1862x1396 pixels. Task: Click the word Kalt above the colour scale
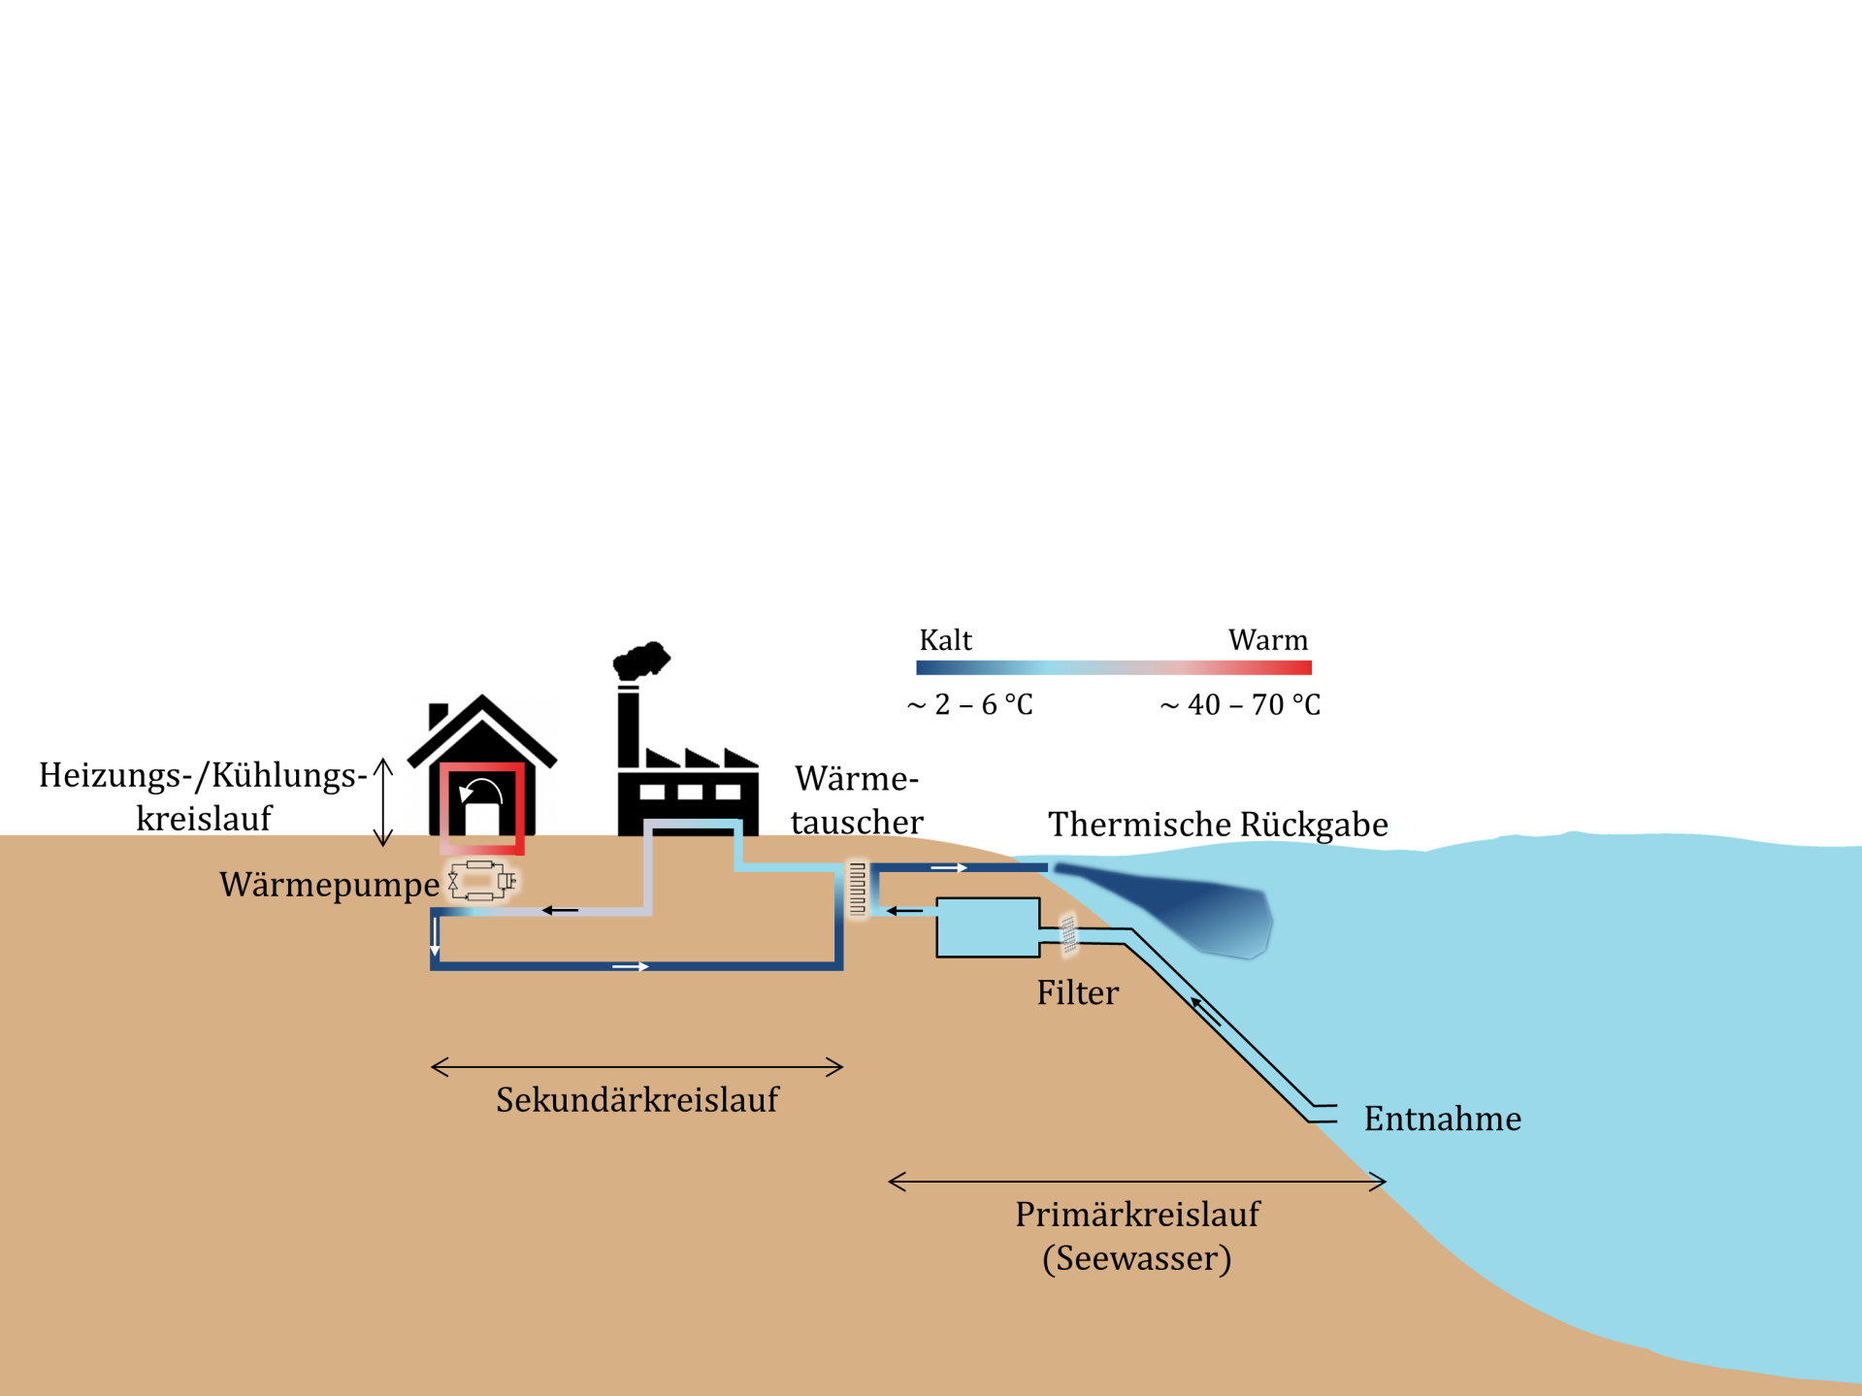tap(945, 640)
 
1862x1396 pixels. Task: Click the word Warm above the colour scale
tap(1267, 640)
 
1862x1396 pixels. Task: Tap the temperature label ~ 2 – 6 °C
tap(969, 704)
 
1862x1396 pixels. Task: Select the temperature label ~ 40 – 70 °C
tap(1240, 704)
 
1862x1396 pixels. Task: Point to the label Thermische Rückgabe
tap(1218, 825)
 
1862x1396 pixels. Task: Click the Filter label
tap(1077, 992)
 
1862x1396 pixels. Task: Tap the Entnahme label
tap(1442, 1119)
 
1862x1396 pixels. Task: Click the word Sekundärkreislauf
tap(637, 1100)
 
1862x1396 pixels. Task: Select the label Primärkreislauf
tap(1137, 1215)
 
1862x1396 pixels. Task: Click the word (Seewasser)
tap(1137, 1258)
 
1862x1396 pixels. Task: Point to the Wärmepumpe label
tap(329, 885)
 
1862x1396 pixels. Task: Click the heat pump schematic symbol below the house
tap(481, 881)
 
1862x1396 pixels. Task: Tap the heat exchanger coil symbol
tap(858, 888)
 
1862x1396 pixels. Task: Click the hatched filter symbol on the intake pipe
tap(1068, 934)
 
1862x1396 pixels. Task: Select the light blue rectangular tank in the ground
tap(987, 927)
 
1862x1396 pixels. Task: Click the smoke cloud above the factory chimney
tap(640, 661)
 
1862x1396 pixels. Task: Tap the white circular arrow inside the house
tap(481, 794)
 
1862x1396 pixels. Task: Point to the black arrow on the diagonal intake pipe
tap(1205, 1011)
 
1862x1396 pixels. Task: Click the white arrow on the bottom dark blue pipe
tap(631, 966)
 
